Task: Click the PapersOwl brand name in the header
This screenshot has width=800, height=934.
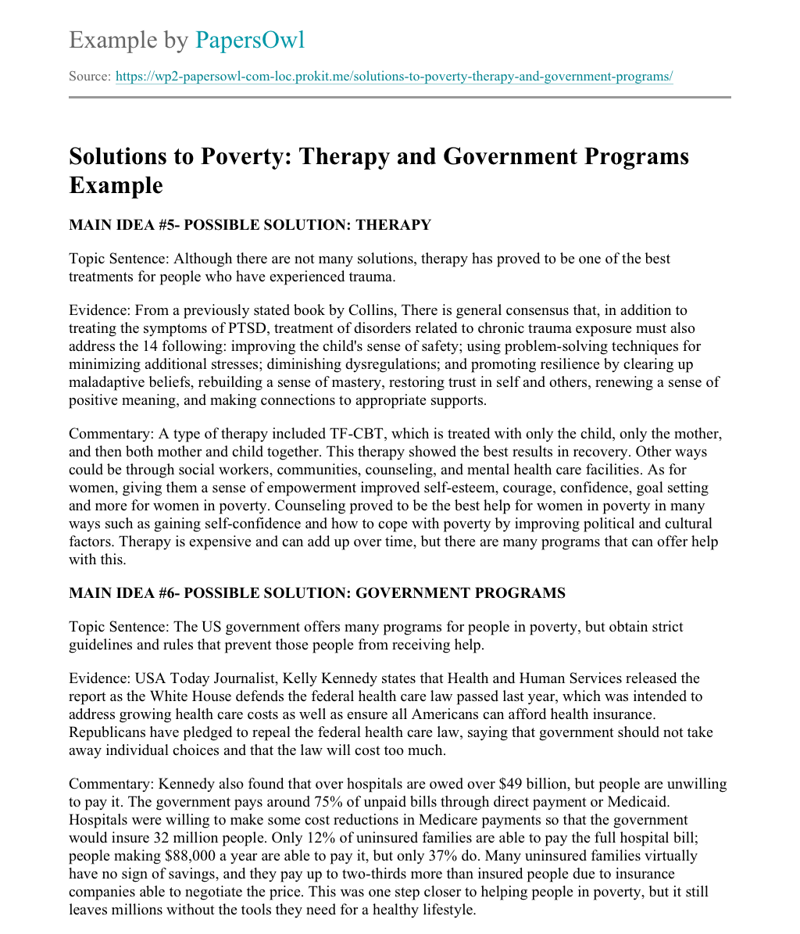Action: pyautogui.click(x=249, y=40)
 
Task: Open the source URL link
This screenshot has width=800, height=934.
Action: pyautogui.click(x=394, y=77)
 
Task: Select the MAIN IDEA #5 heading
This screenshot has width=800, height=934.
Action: pyautogui.click(x=249, y=225)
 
